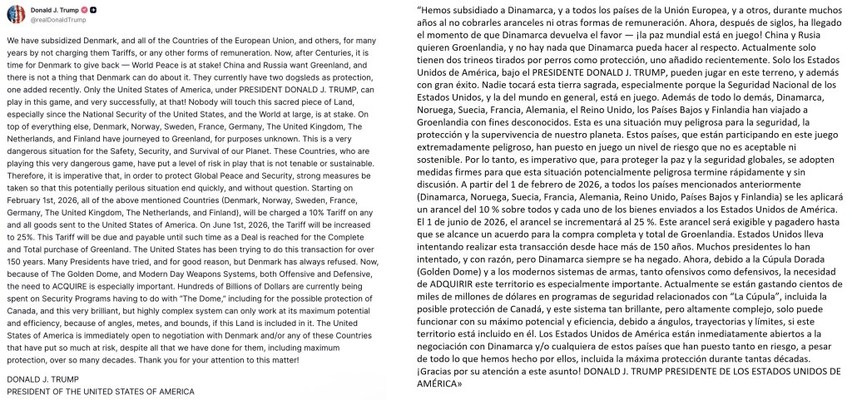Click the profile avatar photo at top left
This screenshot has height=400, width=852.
15,13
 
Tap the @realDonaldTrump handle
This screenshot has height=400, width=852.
58,19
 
